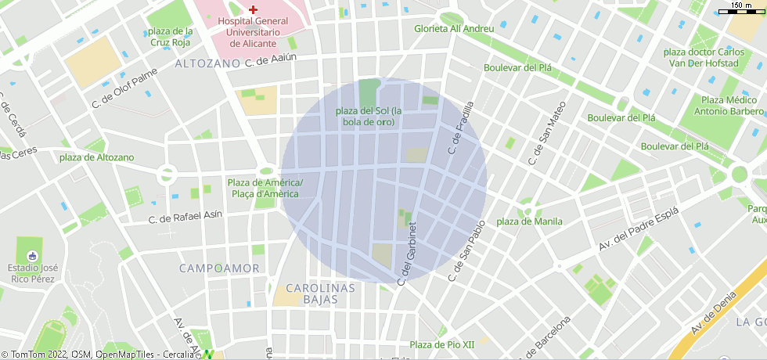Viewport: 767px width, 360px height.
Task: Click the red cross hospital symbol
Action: [253, 9]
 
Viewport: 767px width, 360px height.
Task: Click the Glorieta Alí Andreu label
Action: [454, 29]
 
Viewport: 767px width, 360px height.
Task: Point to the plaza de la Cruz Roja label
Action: [170, 37]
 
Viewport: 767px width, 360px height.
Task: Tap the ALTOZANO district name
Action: [207, 63]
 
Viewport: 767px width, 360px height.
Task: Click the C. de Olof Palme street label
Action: [124, 87]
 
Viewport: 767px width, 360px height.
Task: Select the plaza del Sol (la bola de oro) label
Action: [368, 117]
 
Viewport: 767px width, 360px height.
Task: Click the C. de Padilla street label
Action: [461, 127]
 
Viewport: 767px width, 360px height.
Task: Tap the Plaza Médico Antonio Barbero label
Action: [732, 105]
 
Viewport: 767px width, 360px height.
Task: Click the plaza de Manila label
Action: [529, 221]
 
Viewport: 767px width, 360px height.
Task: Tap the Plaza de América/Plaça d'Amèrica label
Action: [265, 189]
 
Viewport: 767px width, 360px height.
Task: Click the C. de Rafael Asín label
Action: [185, 216]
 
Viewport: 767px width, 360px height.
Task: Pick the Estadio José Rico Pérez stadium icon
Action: [32, 256]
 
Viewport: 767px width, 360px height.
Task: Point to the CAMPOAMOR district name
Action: [219, 268]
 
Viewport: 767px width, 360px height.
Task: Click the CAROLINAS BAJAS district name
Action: [319, 293]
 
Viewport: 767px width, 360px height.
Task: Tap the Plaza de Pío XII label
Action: [442, 344]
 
